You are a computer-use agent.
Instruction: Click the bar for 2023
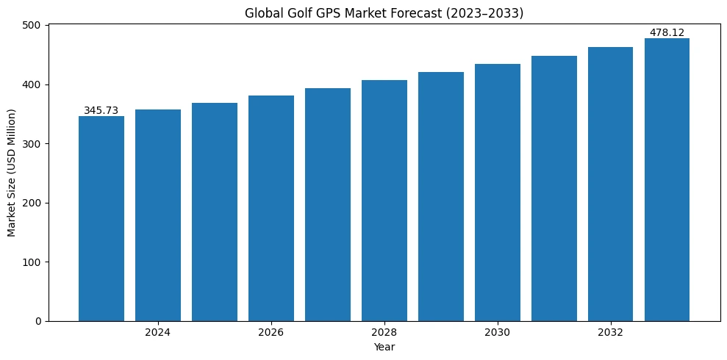[x=101, y=218]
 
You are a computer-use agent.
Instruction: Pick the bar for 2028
[x=384, y=201]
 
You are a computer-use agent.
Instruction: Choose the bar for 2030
[x=498, y=192]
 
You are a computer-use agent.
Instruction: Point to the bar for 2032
[x=610, y=184]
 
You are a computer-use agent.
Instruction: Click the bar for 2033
[x=667, y=179]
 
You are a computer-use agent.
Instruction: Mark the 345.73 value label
[x=101, y=111]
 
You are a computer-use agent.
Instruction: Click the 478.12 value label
[x=667, y=33]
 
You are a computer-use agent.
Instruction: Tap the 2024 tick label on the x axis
[x=158, y=333]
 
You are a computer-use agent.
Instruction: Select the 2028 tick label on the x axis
[x=384, y=333]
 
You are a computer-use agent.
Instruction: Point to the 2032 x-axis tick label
[x=610, y=333]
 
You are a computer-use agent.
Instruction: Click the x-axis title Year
[x=384, y=347]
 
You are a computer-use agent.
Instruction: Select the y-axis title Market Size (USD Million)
[x=12, y=173]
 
